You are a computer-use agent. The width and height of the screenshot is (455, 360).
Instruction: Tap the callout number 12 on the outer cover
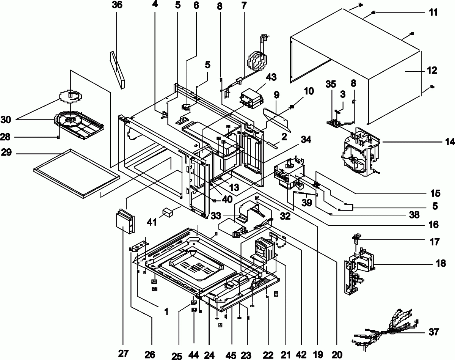[x=431, y=71]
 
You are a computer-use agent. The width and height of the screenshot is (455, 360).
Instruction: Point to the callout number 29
[x=8, y=153]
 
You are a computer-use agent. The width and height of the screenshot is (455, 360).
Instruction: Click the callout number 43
[x=271, y=77]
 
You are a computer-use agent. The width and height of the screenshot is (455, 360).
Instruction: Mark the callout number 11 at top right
[x=433, y=13]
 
